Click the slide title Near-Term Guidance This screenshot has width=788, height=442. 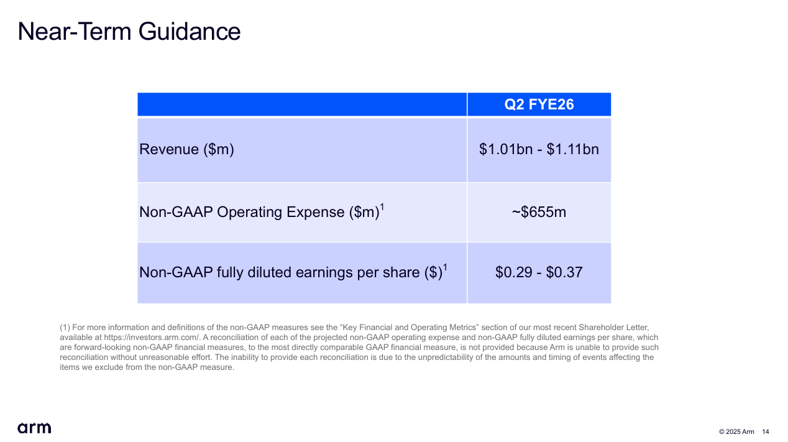click(129, 31)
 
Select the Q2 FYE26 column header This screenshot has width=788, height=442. click(539, 104)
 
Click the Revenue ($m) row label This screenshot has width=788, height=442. click(186, 149)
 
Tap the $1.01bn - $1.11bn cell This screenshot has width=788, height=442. click(539, 149)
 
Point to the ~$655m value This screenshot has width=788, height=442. click(539, 212)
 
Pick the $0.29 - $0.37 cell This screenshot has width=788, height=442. click(539, 272)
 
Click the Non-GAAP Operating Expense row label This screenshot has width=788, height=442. click(259, 212)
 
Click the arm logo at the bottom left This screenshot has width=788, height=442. click(34, 428)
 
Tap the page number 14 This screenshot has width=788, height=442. click(765, 432)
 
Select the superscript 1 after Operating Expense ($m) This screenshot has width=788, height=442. click(382, 207)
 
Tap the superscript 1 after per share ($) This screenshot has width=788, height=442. click(446, 267)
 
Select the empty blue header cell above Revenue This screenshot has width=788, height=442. click(301, 104)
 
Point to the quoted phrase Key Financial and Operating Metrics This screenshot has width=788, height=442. click(410, 327)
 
